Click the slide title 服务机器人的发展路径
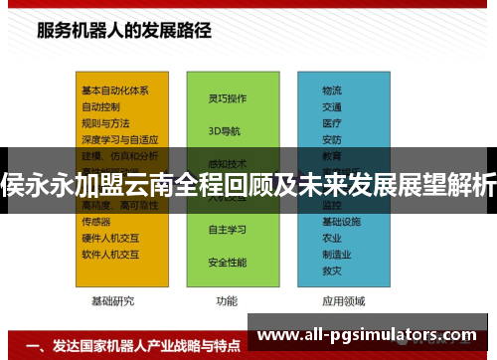click(x=124, y=29)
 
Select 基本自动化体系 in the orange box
click(x=115, y=90)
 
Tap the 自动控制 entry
click(x=101, y=105)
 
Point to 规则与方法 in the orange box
click(x=105, y=122)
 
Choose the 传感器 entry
click(x=96, y=221)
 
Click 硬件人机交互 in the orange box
click(x=109, y=238)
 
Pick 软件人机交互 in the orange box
click(x=109, y=254)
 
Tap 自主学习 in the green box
click(x=227, y=230)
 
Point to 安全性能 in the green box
click(x=227, y=263)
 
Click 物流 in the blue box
click(x=332, y=90)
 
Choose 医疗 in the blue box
click(x=332, y=122)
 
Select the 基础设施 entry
click(x=340, y=221)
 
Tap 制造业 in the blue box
click(x=336, y=254)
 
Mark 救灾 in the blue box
click(x=332, y=270)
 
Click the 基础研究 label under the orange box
click(x=112, y=300)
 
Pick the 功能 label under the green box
click(x=227, y=300)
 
